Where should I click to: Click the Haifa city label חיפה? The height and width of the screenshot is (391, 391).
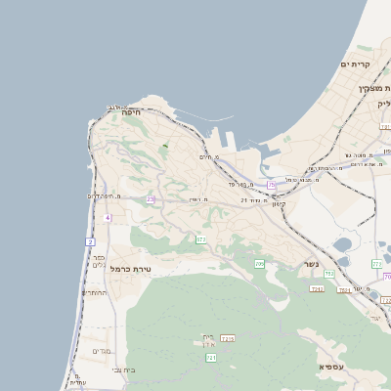coord(132,112)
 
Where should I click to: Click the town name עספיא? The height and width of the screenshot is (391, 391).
coord(330,366)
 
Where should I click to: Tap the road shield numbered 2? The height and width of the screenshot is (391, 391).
coord(90,240)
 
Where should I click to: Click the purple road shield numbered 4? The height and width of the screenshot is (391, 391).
coord(108,217)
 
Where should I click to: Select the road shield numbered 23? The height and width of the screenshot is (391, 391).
coord(151,199)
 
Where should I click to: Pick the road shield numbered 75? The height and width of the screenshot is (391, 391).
coord(271,184)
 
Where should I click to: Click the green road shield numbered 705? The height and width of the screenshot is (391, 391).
coord(259,264)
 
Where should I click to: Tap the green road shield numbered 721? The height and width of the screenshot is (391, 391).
coord(211,358)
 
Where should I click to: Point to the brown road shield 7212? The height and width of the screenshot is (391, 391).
coord(317,288)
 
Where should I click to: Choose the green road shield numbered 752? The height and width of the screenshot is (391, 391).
coord(329,273)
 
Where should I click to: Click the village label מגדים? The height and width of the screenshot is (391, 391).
coord(103,351)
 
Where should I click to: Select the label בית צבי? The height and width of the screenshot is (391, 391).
coord(124,369)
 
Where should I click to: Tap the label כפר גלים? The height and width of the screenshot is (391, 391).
coord(98,259)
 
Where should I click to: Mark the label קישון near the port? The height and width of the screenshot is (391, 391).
coord(279,203)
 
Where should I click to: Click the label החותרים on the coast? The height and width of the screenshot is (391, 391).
coord(95,292)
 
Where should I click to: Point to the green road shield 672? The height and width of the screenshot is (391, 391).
coord(200,239)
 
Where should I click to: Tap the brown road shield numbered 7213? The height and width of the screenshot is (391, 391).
coord(228,338)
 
